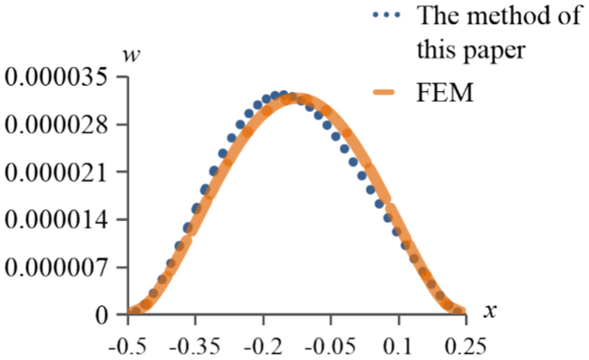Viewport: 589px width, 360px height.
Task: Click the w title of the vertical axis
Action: click(x=132, y=57)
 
